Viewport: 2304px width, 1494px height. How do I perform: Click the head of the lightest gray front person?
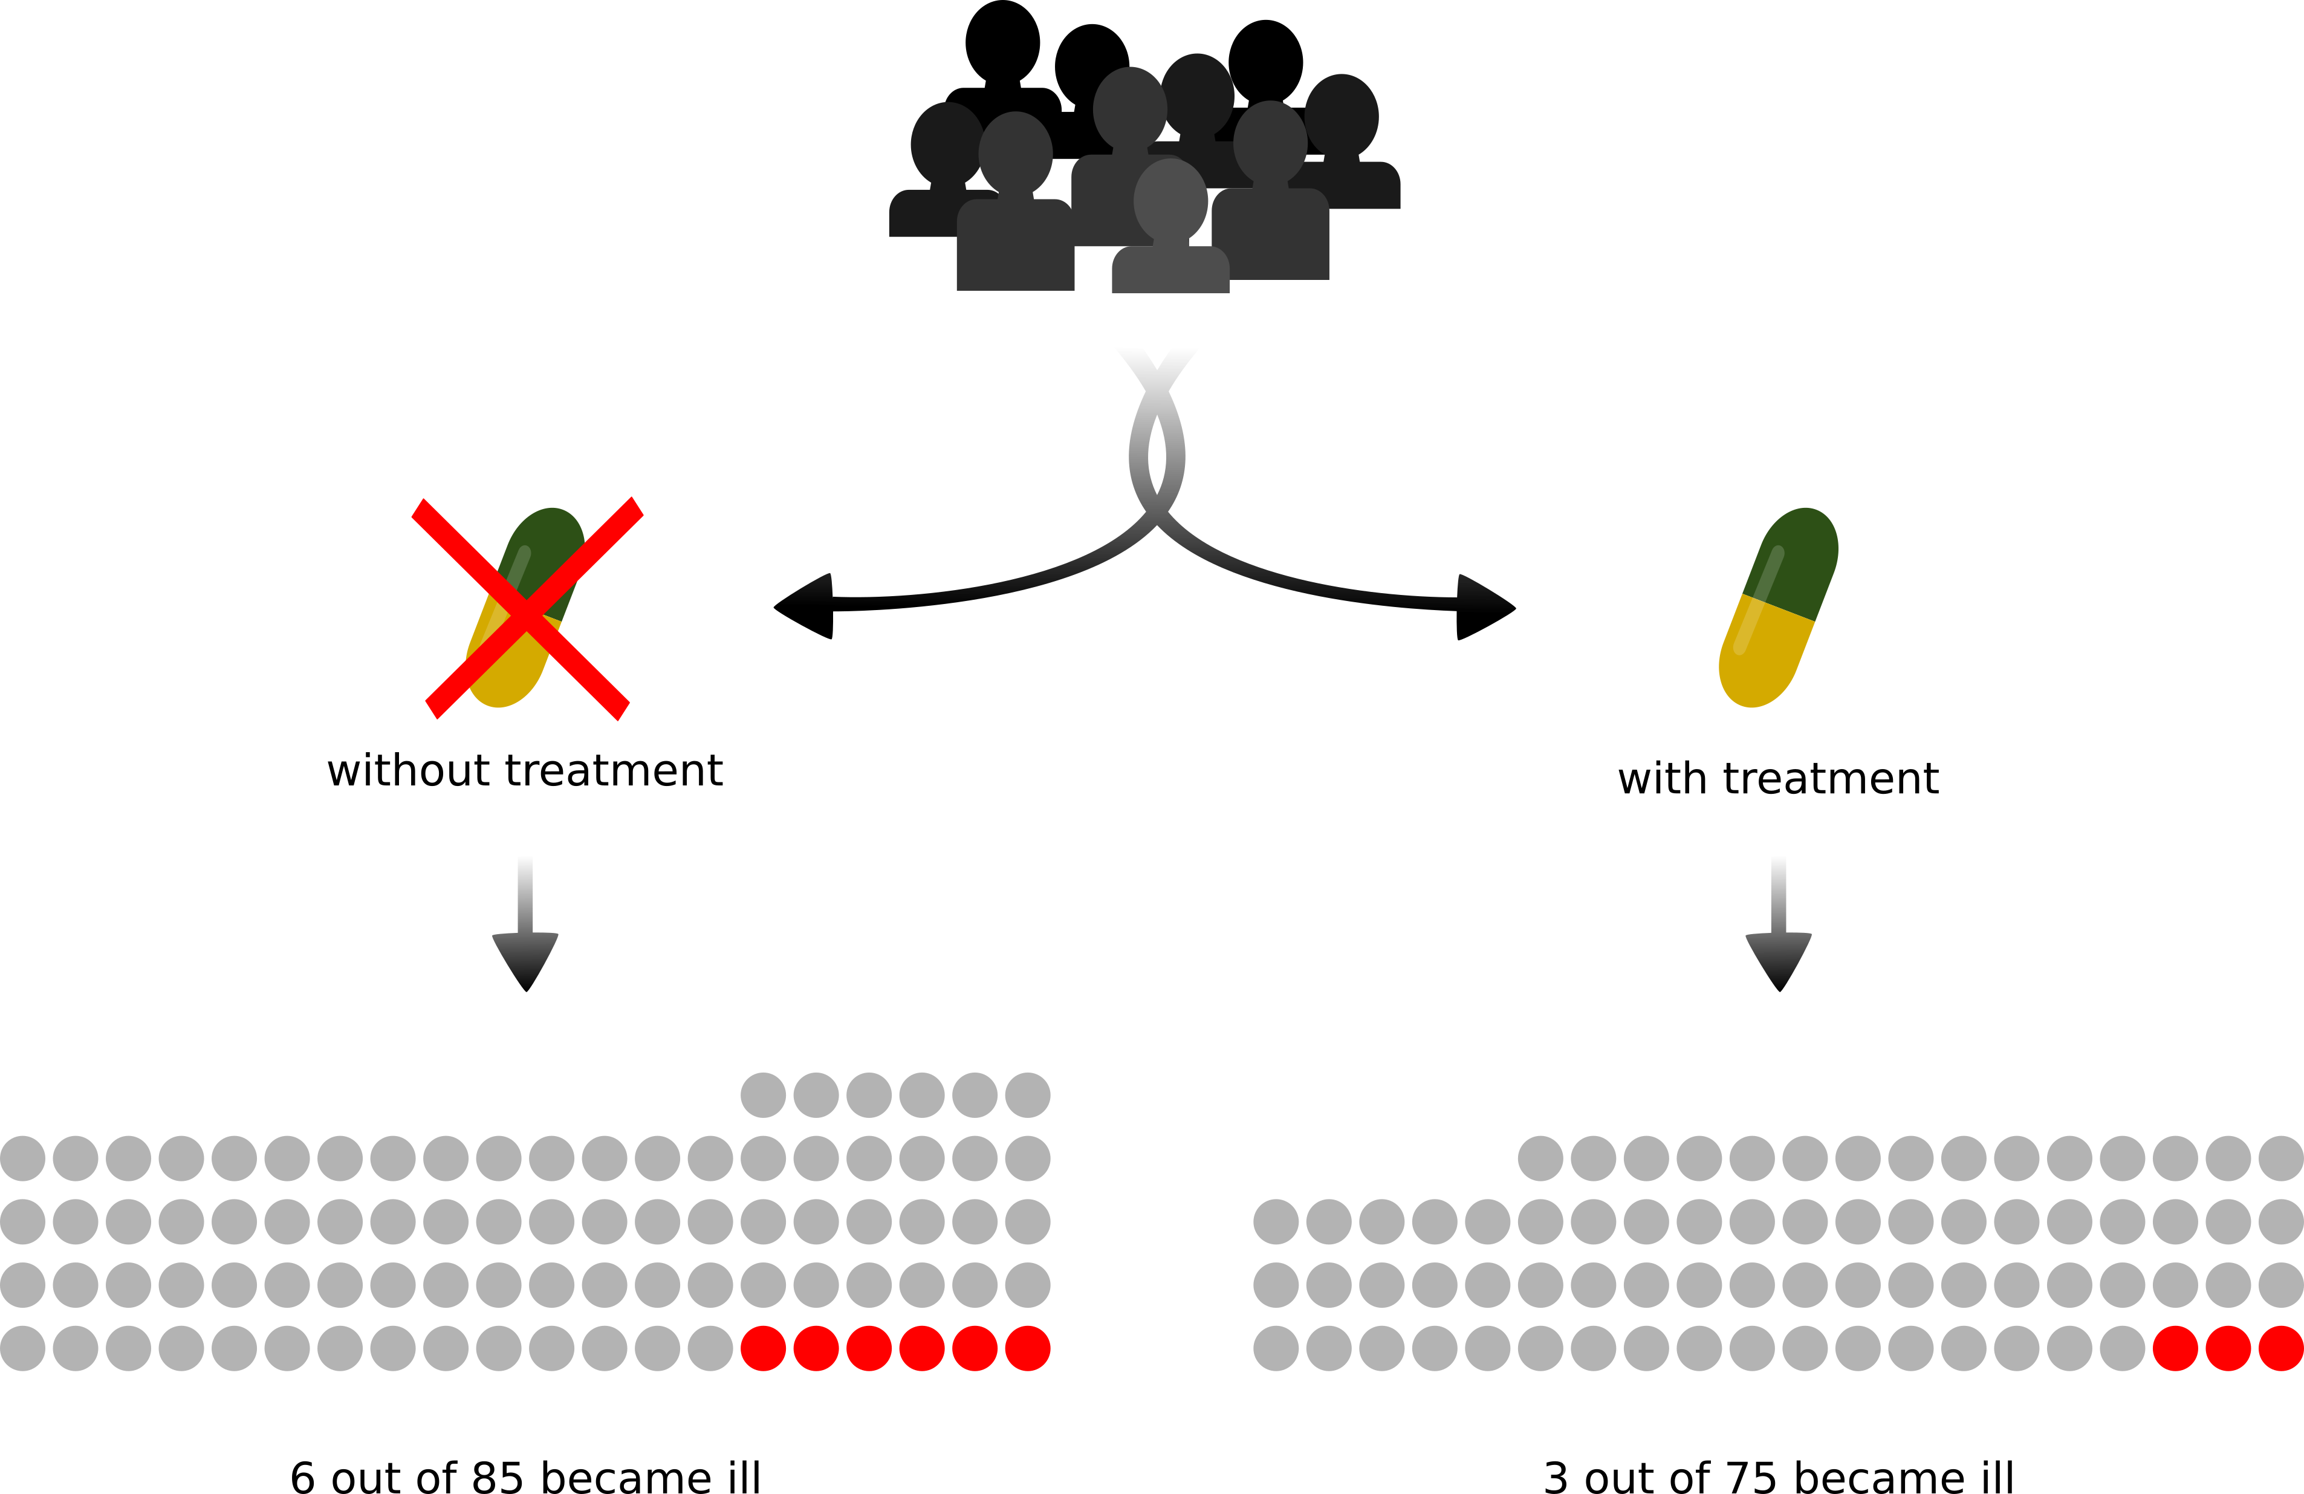click(1170, 200)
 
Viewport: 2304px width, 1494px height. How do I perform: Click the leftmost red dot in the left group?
click(763, 1348)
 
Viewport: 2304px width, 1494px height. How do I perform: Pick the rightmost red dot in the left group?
click(1027, 1348)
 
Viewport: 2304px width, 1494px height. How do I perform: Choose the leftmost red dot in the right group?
click(2175, 1348)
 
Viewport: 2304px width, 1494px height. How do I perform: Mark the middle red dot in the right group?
click(2228, 1348)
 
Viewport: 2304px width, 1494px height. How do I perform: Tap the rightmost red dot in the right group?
click(2281, 1348)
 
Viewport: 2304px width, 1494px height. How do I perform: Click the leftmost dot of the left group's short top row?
click(763, 1095)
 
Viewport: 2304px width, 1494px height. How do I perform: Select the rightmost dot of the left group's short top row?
click(1027, 1095)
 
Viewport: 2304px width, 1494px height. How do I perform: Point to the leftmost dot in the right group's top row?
click(1540, 1158)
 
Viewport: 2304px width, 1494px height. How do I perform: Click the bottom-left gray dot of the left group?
click(22, 1348)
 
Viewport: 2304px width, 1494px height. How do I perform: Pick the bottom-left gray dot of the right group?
click(1276, 1348)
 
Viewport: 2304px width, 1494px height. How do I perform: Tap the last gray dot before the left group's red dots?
click(710, 1348)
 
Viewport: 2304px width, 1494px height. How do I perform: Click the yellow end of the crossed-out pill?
click(504, 683)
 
